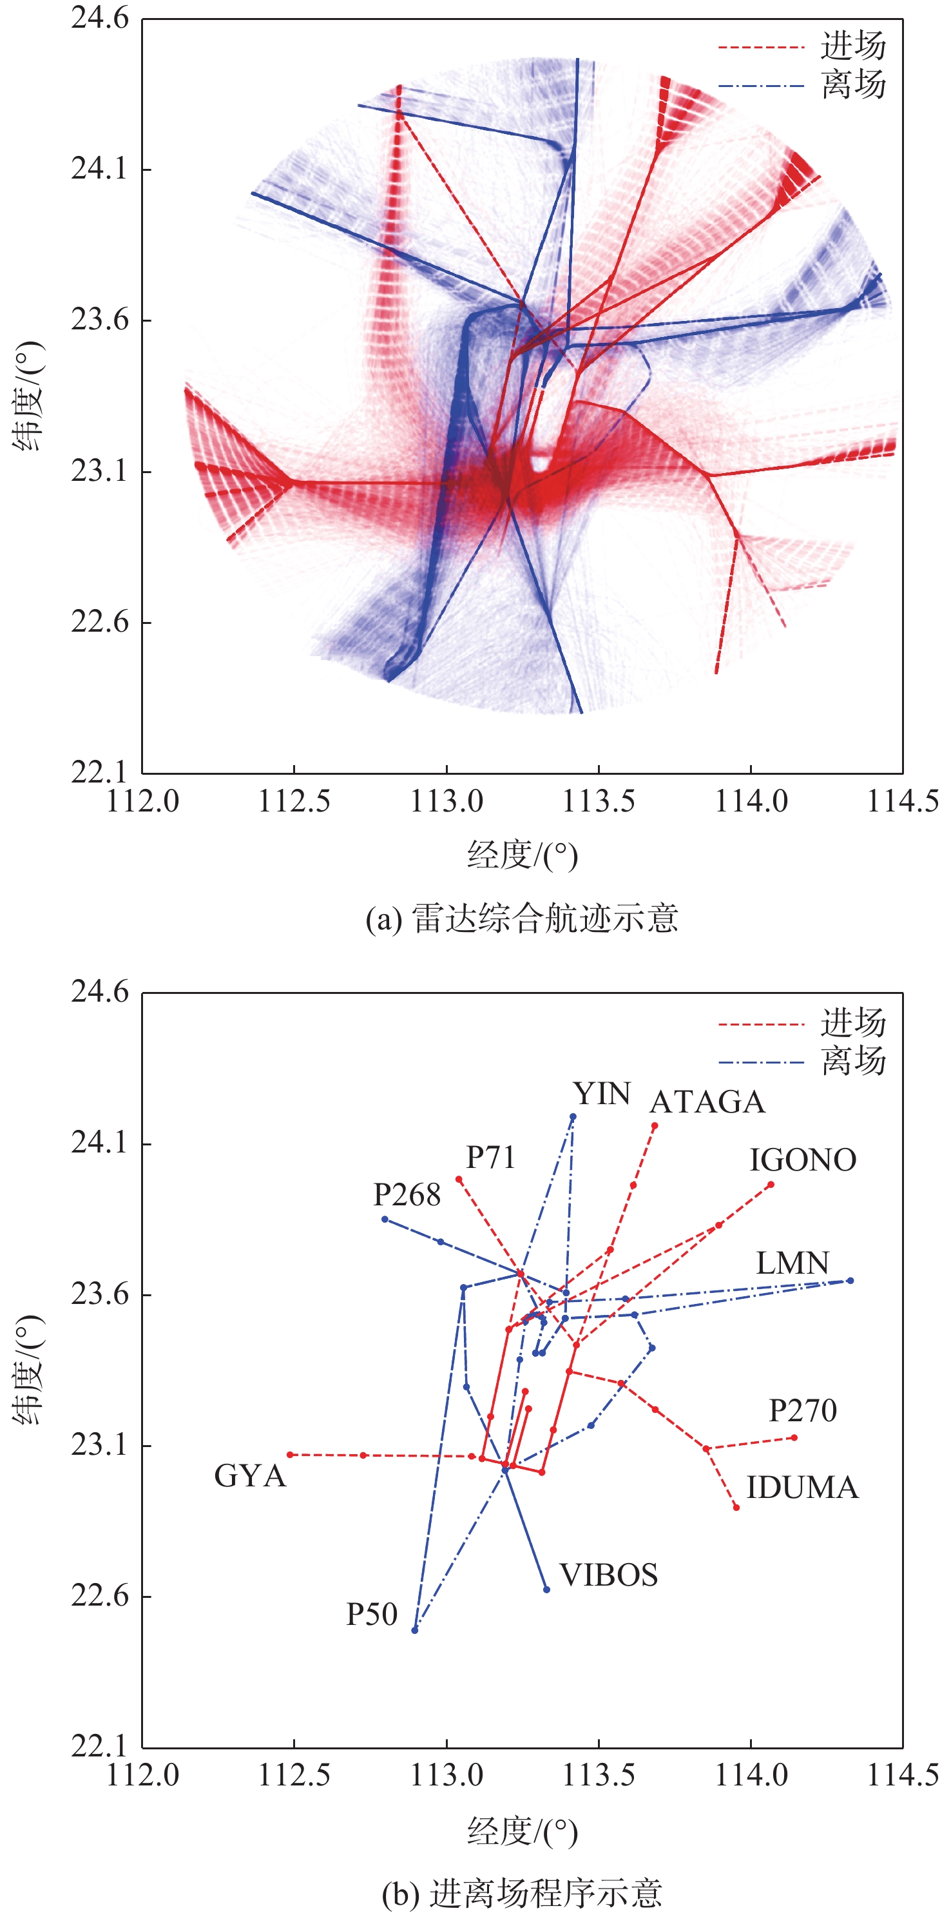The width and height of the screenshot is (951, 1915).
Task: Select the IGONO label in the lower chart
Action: tap(802, 1160)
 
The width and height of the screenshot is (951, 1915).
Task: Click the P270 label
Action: tap(802, 1411)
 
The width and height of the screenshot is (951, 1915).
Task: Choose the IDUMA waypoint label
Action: tap(802, 1488)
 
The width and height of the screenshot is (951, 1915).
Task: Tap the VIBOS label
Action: tap(608, 1575)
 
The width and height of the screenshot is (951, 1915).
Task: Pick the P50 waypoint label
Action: tap(372, 1614)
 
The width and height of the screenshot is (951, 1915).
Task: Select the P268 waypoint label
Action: tap(407, 1194)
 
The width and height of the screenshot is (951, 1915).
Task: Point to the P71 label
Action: tap(490, 1157)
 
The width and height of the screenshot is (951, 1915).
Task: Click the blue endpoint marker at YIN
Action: tap(573, 1116)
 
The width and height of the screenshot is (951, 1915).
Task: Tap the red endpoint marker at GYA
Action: tap(290, 1454)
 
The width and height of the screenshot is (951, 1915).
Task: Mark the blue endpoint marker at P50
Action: tap(414, 1629)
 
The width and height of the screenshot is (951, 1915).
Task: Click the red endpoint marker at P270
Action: tap(794, 1437)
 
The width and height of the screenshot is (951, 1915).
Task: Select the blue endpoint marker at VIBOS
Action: tap(547, 1589)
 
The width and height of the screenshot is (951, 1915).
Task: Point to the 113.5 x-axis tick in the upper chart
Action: tap(598, 801)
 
